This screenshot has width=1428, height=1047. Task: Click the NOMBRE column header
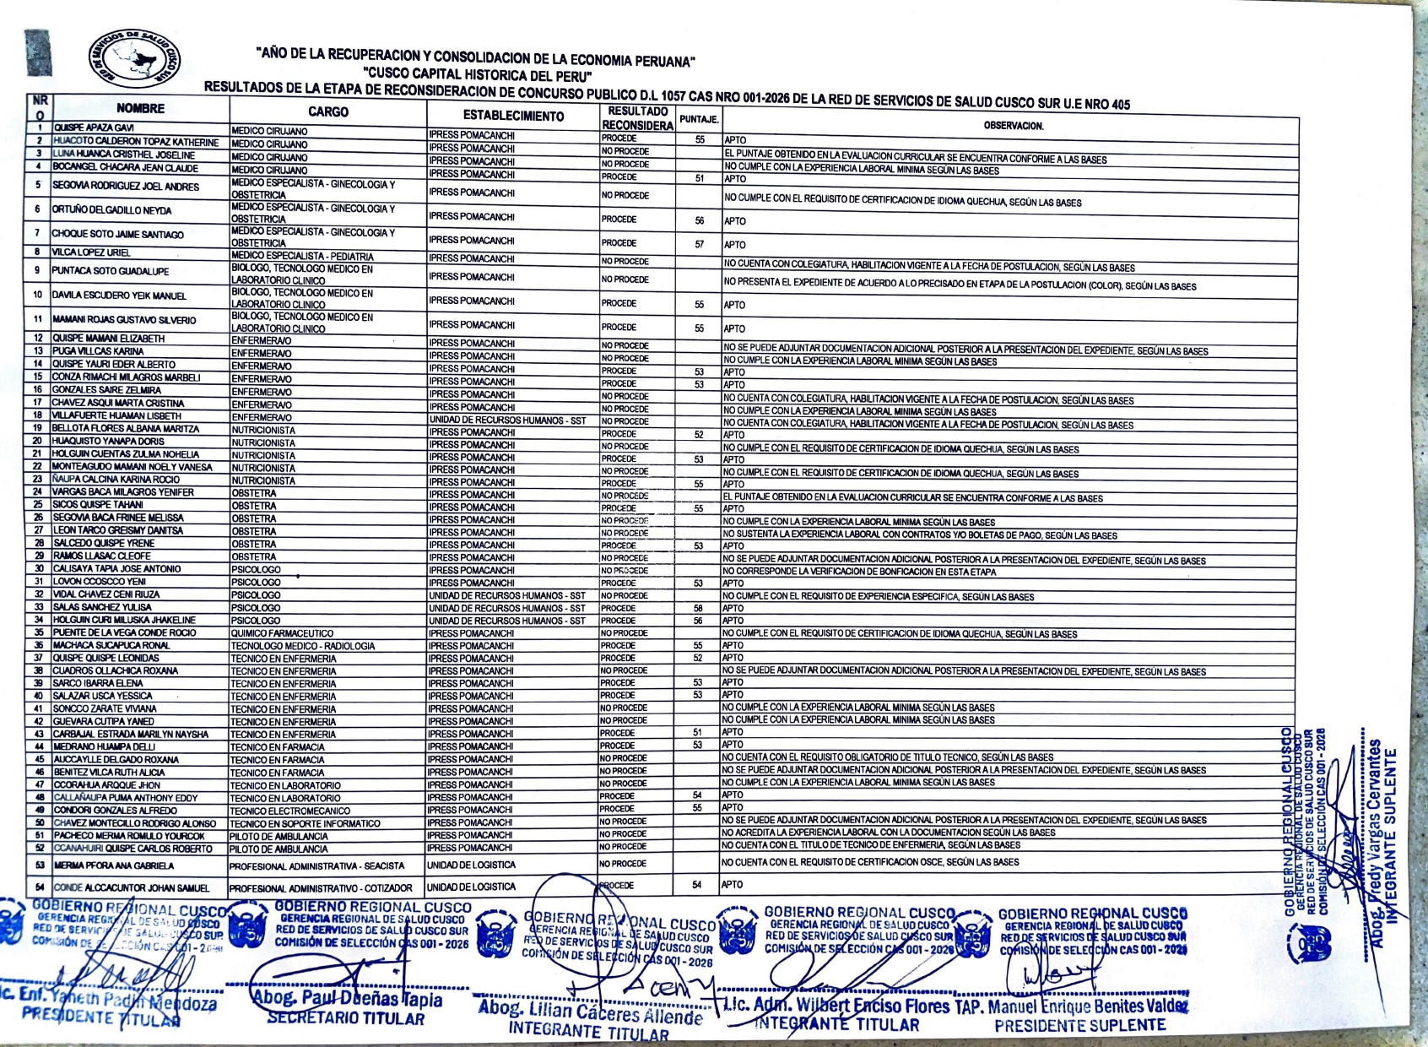tap(140, 109)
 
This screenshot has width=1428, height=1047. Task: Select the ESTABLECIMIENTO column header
tap(513, 116)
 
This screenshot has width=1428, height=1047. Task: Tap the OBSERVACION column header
tap(1013, 126)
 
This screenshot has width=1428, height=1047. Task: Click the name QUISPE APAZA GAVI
tap(94, 127)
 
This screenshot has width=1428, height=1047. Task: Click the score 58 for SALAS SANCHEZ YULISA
tap(698, 608)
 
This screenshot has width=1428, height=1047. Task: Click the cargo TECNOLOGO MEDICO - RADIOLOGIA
tap(303, 646)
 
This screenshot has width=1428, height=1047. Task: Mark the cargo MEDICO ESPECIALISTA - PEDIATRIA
tap(302, 257)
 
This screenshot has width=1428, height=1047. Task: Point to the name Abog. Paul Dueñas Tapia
tap(347, 1001)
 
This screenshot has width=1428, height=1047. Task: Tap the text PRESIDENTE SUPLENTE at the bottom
tap(1079, 1026)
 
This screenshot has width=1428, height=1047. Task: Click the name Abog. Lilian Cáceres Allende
tap(590, 1011)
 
